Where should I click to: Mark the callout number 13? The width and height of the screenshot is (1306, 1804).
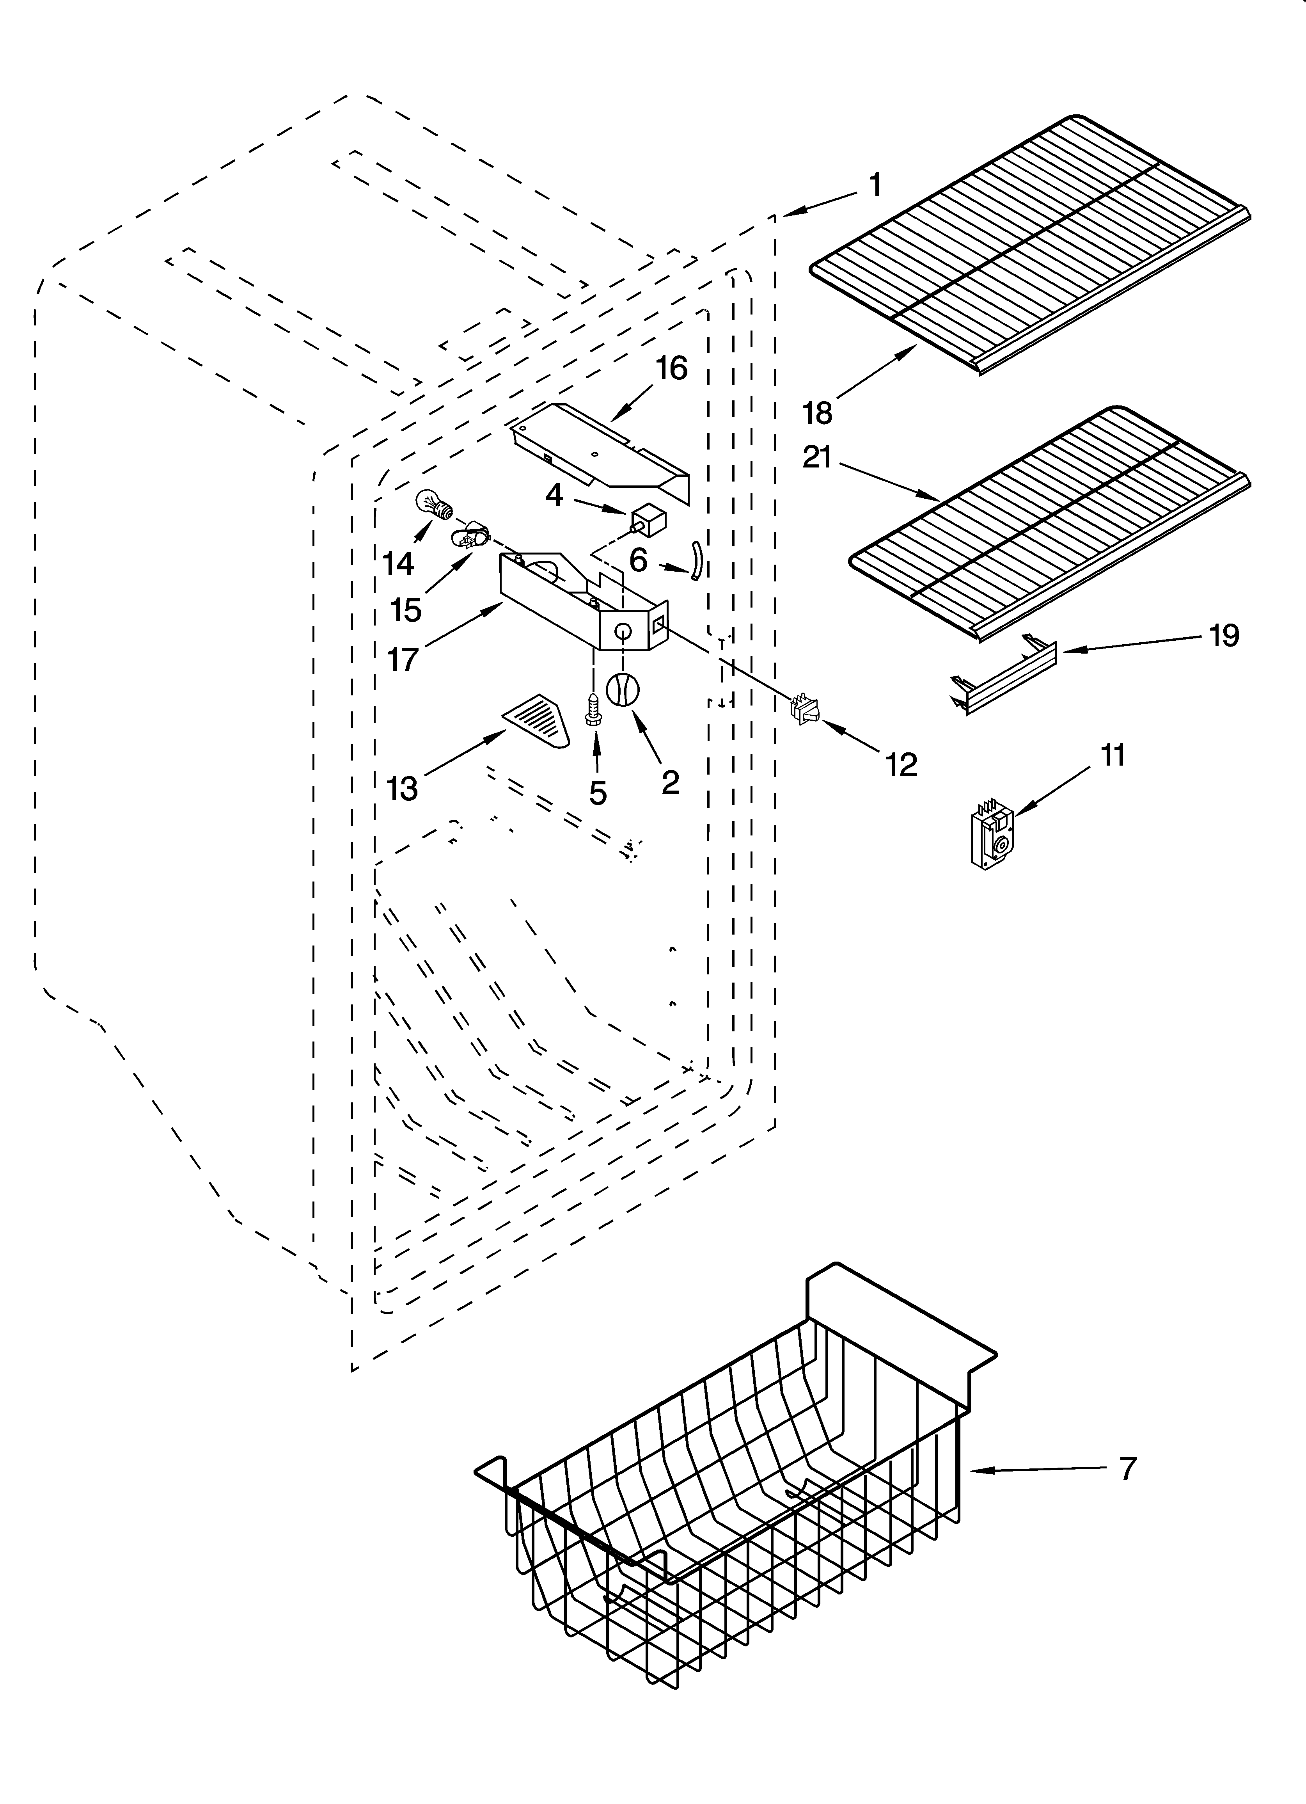click(402, 788)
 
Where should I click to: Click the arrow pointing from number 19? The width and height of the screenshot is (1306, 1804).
click(1129, 643)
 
